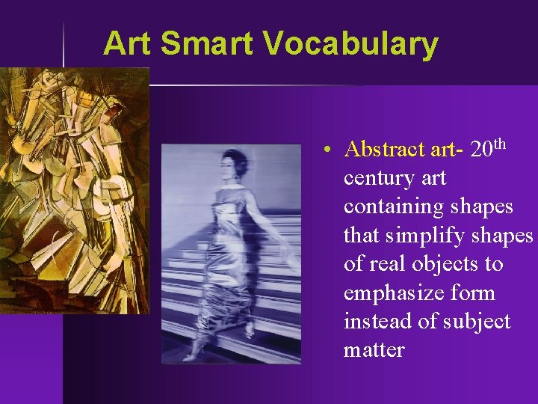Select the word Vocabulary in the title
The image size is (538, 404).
[350, 43]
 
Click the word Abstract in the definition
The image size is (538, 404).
[385, 150]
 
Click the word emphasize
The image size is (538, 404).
[389, 293]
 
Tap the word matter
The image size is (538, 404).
[374, 349]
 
